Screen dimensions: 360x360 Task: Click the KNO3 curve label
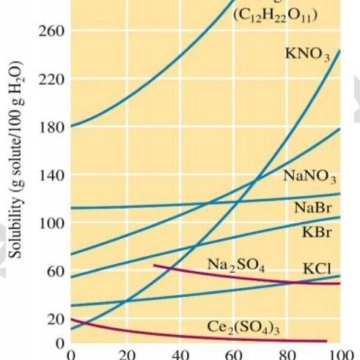coord(307,55)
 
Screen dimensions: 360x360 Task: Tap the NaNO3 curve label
coord(310,178)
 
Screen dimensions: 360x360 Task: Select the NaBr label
coord(310,208)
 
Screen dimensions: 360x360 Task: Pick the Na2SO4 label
coord(236,265)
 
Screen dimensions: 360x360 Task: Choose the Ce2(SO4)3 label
coord(245,328)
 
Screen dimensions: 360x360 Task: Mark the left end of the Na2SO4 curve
coord(155,265)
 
